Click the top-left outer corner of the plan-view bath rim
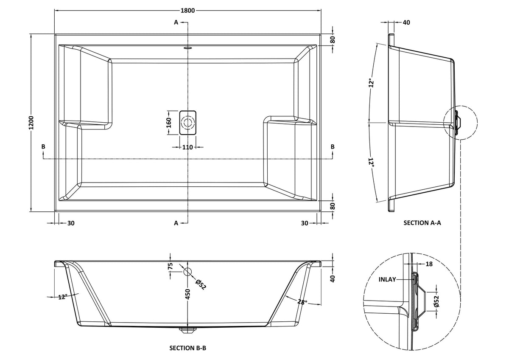pyautogui.click(x=55, y=34)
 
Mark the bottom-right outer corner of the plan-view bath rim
pyautogui.click(x=321, y=211)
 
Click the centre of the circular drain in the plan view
pyautogui.click(x=187, y=123)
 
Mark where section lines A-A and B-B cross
pyautogui.click(x=187, y=159)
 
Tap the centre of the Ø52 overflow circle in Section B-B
pyautogui.click(x=187, y=272)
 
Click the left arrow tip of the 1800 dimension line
pyautogui.click(x=55, y=11)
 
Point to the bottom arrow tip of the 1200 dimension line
pyautogui.click(x=31, y=211)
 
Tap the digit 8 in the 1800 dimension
pyautogui.click(x=185, y=11)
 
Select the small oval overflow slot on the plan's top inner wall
pyautogui.click(x=187, y=48)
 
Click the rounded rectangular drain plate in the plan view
pyautogui.click(x=187, y=123)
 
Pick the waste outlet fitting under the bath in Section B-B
pyautogui.click(x=187, y=329)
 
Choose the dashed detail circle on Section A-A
pyautogui.click(x=461, y=123)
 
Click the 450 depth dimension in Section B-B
pyautogui.click(x=187, y=294)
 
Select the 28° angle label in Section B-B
pyautogui.click(x=302, y=302)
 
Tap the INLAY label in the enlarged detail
pyautogui.click(x=387, y=279)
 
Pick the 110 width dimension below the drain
pyautogui.click(x=187, y=147)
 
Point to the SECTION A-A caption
pyautogui.click(x=422, y=223)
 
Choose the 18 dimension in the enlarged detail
pyautogui.click(x=429, y=264)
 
